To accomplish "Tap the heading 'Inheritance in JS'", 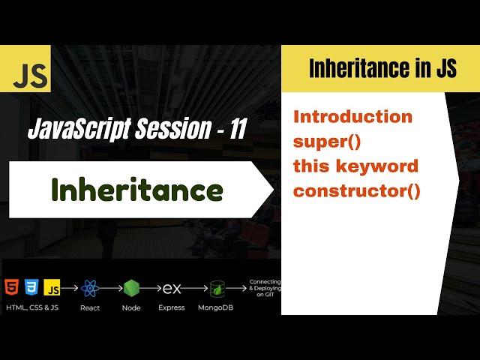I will tap(382, 69).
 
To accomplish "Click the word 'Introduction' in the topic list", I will tap(352, 117).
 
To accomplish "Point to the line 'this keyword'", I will tap(355, 166).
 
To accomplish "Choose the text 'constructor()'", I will tap(357, 190).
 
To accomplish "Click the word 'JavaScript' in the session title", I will tap(73, 130).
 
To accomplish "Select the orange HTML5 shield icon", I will tap(13, 287).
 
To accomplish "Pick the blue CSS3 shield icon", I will tap(32, 287).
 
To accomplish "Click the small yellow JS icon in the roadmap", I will tap(52, 287).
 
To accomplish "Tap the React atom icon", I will tap(91, 288).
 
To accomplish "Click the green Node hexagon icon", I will tap(132, 288).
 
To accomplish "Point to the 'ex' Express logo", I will tap(172, 288).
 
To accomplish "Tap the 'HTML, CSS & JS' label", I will tap(33, 307).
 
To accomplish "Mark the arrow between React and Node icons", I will tap(111, 288).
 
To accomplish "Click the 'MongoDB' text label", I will tap(214, 307).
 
